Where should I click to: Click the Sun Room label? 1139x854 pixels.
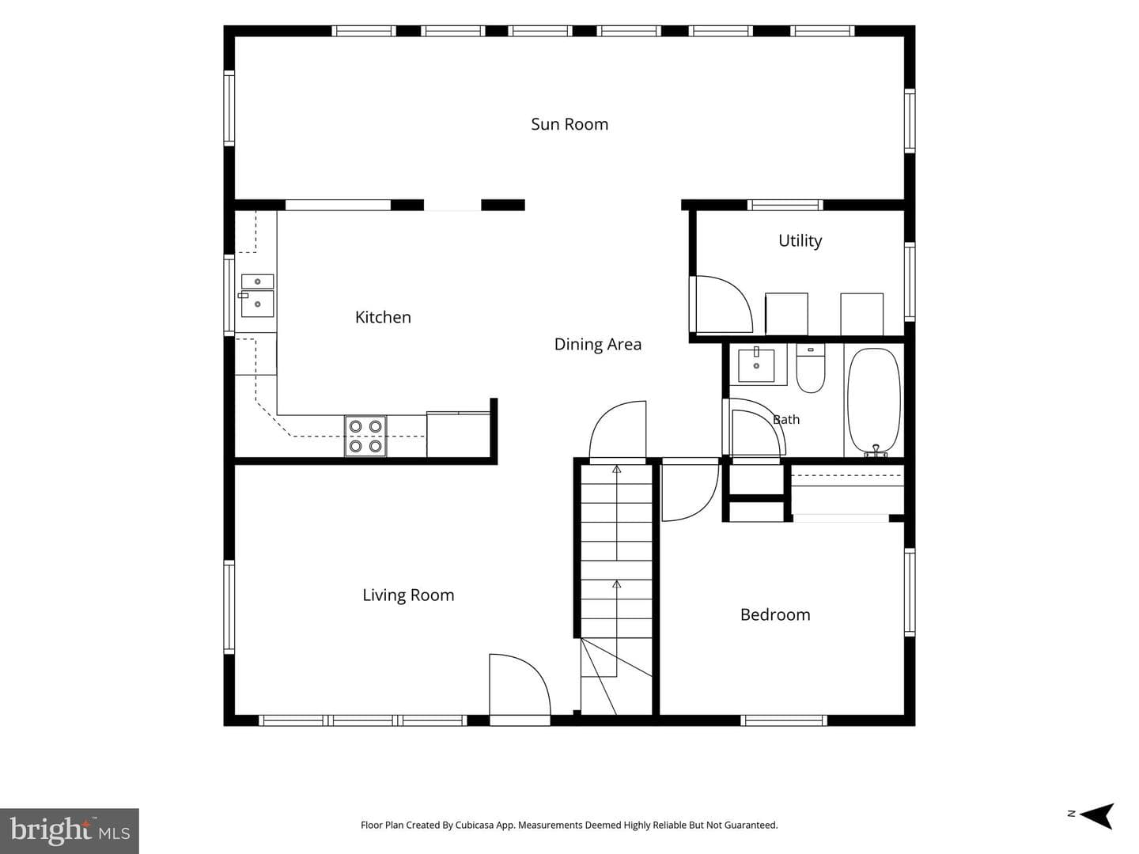pos(569,124)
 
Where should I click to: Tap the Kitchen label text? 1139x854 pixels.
pos(383,317)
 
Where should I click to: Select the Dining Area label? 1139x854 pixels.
pos(598,344)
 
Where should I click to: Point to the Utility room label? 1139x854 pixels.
pos(800,241)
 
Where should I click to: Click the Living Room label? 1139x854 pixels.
pos(408,595)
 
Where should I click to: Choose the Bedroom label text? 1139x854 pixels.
pos(775,615)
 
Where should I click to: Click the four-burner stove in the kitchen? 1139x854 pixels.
pos(365,436)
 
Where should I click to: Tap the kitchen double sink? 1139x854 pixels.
pos(257,296)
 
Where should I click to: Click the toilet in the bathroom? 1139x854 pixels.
pos(811,368)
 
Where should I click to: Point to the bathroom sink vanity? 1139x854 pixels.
pos(757,365)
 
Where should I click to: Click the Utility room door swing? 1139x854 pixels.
pos(721,304)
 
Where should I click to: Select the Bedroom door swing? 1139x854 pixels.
pos(691,489)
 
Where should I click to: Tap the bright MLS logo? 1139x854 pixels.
pos(70,830)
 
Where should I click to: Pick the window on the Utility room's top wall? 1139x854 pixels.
pos(785,205)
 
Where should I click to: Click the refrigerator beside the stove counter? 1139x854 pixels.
pos(458,435)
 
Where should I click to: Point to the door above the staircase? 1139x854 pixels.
pos(618,430)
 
